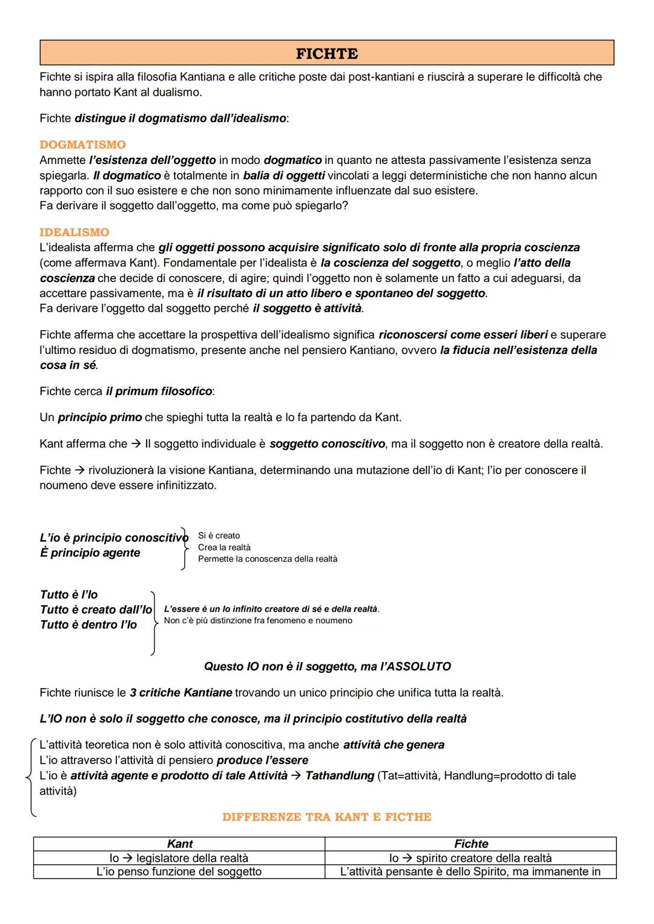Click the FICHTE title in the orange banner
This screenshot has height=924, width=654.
[x=326, y=54]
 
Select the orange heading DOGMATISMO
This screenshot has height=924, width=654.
[x=82, y=145]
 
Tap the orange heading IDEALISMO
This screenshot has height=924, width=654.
[x=74, y=232]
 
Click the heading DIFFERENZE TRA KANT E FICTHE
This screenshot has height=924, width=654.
[x=326, y=817]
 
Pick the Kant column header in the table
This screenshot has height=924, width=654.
[x=179, y=844]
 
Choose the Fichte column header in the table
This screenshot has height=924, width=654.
[x=471, y=844]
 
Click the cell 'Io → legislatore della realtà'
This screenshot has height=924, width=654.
[x=179, y=858]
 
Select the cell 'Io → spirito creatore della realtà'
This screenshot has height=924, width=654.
[x=471, y=858]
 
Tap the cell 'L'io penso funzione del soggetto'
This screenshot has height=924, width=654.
[x=179, y=871]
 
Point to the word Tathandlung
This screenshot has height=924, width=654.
[x=340, y=776]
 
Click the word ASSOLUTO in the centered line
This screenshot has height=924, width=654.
[x=418, y=666]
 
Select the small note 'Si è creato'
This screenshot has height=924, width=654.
[x=219, y=536]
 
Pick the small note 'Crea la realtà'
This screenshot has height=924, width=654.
[x=224, y=547]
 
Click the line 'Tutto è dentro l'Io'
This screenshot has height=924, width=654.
[x=88, y=624]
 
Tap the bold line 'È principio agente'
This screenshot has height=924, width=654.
[x=90, y=552]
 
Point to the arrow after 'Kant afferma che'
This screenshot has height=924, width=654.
[x=136, y=444]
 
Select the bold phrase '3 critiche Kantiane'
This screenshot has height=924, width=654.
[x=180, y=692]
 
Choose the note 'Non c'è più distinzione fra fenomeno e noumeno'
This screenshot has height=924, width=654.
[x=258, y=621]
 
